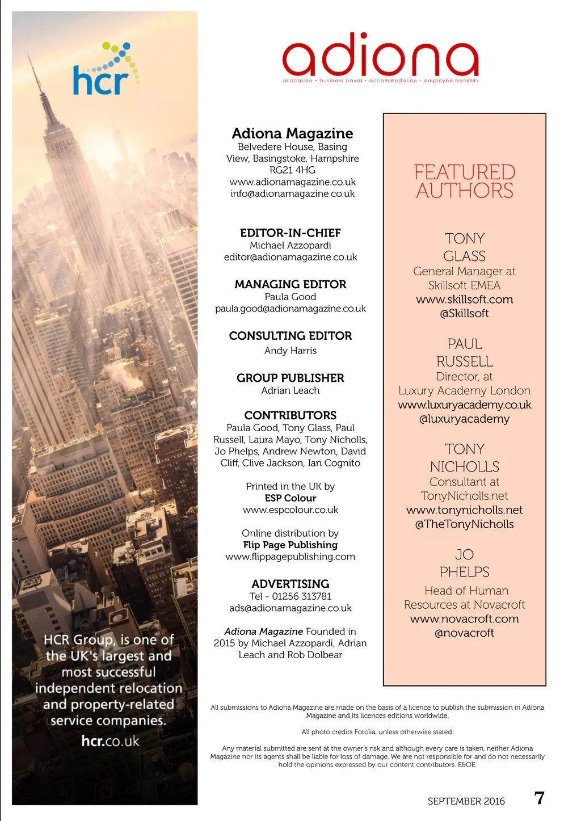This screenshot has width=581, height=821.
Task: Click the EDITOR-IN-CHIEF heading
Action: click(x=290, y=233)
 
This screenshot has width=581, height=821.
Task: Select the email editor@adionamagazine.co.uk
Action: click(x=290, y=257)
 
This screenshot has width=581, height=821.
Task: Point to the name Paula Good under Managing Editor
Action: click(x=290, y=297)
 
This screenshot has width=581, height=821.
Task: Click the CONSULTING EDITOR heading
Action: click(x=290, y=336)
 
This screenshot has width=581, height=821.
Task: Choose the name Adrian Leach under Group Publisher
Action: click(x=290, y=390)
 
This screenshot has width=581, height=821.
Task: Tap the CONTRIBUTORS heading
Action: click(x=290, y=415)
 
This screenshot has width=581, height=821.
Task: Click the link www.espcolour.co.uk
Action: click(x=290, y=510)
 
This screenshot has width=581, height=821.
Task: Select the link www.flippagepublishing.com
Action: click(x=290, y=557)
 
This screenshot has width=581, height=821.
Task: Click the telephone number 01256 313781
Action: click(x=301, y=596)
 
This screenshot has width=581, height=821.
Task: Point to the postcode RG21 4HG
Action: click(x=292, y=170)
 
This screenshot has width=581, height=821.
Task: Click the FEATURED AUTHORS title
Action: click(x=464, y=181)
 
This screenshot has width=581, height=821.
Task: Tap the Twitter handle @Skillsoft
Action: click(x=464, y=313)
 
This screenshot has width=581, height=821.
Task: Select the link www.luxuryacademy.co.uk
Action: click(x=464, y=405)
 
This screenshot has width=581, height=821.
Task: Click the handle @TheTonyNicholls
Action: click(x=464, y=524)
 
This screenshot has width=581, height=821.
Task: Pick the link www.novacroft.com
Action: click(x=464, y=619)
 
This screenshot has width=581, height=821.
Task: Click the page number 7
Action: click(x=539, y=798)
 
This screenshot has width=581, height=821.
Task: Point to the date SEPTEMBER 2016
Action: click(x=466, y=801)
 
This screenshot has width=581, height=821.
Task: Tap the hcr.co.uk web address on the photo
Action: click(x=110, y=741)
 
